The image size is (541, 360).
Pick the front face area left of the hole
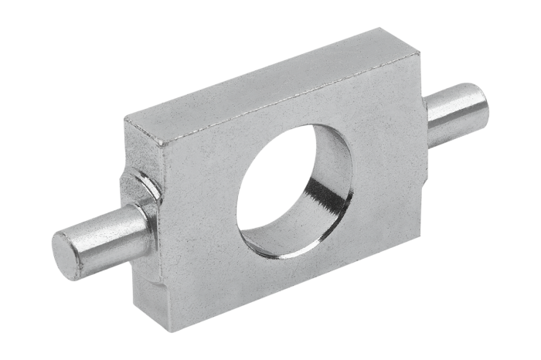201,216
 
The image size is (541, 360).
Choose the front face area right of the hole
379,155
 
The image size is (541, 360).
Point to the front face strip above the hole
294,116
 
